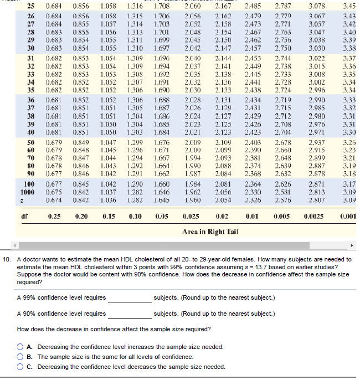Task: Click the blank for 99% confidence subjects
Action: pos(130,299)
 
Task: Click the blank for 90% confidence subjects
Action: pos(130,314)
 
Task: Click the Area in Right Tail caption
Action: pos(209,232)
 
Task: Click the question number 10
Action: pos(8,259)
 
